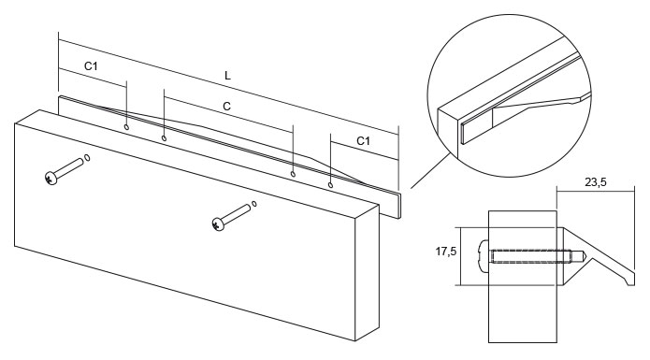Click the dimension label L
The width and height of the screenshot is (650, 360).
click(x=227, y=76)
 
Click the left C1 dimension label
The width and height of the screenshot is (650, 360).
click(x=91, y=66)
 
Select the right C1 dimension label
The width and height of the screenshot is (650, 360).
click(x=363, y=141)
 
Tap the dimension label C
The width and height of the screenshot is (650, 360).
click(x=226, y=107)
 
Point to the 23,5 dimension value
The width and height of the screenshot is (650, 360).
click(x=595, y=182)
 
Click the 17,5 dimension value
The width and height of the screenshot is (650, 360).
click(x=445, y=252)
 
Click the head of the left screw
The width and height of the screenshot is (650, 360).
click(x=51, y=178)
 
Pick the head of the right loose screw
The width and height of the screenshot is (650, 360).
click(x=218, y=223)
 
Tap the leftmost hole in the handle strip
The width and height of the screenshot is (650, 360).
click(x=127, y=126)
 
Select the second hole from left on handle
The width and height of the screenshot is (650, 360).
click(x=165, y=137)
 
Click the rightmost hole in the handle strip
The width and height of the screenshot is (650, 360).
click(x=330, y=185)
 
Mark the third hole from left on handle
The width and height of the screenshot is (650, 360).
click(x=293, y=174)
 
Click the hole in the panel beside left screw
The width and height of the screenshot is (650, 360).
click(x=87, y=157)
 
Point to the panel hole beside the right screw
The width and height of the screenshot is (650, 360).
click(x=254, y=204)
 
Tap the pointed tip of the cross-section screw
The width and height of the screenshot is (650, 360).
click(x=585, y=256)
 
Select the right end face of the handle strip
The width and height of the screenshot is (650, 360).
click(x=399, y=206)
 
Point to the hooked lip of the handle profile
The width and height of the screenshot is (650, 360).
click(x=630, y=279)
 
